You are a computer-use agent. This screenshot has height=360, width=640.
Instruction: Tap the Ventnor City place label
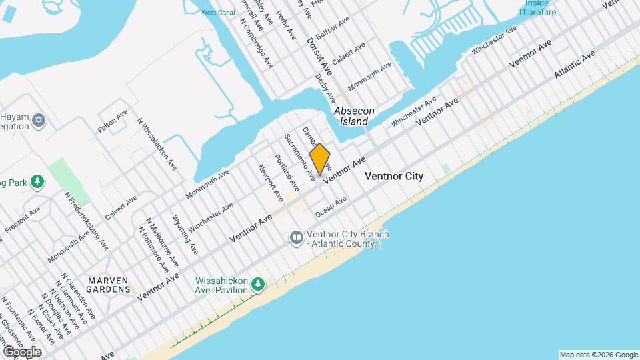click(394, 177)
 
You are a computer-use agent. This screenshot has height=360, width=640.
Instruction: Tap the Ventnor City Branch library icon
click(296, 237)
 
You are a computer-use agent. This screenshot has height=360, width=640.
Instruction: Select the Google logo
click(21, 351)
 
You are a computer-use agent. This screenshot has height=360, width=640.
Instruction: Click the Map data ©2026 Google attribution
click(598, 354)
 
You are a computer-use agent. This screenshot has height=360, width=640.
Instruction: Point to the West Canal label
click(217, 13)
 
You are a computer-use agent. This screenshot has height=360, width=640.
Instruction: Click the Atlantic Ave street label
click(575, 67)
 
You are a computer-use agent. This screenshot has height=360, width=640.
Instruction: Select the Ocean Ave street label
click(331, 206)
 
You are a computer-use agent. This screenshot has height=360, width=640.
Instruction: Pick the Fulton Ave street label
click(112, 121)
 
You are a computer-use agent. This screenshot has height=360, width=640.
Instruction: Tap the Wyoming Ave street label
click(185, 234)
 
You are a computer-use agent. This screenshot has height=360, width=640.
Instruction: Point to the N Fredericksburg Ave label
click(87, 220)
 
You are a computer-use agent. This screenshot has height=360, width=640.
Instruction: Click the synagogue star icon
click(39, 120)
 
